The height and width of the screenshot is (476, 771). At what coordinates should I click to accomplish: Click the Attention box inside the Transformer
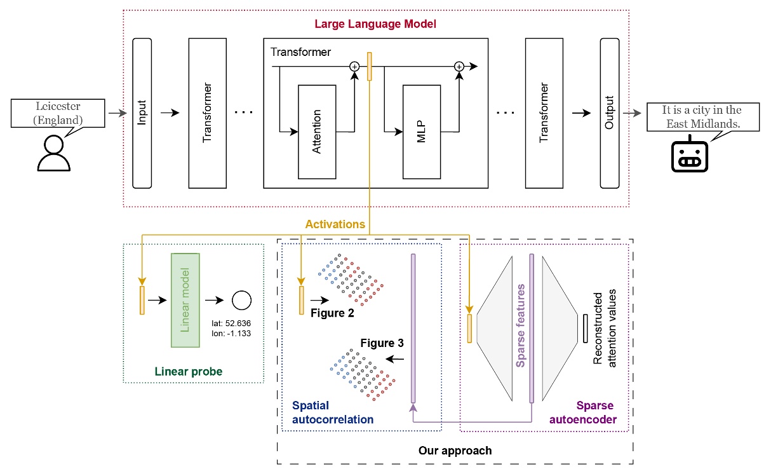pyautogui.click(x=318, y=132)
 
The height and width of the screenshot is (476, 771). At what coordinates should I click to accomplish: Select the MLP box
pyautogui.click(x=422, y=132)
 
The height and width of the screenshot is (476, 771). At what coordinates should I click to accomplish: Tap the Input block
pyautogui.click(x=142, y=113)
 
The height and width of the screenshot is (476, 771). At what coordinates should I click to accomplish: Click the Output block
pyautogui.click(x=609, y=113)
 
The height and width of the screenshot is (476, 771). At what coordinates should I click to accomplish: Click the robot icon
pyautogui.click(x=689, y=156)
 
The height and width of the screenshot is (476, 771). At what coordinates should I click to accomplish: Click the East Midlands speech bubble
pyautogui.click(x=702, y=117)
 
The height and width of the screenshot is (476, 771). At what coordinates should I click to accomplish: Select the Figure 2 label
pyautogui.click(x=332, y=313)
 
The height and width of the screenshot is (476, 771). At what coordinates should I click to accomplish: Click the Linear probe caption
pyautogui.click(x=189, y=371)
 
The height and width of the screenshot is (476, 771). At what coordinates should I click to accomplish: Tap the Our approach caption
pyautogui.click(x=455, y=451)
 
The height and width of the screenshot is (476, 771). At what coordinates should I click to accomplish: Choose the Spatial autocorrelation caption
pyautogui.click(x=332, y=412)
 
